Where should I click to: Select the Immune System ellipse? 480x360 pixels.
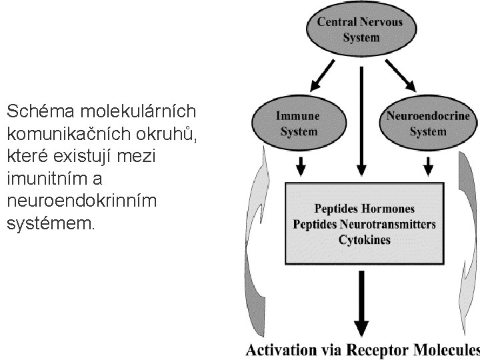[298, 124]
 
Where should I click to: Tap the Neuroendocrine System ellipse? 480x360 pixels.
[427, 124]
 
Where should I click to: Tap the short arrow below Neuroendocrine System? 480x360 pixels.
[427, 163]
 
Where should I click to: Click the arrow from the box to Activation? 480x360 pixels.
[362, 300]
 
